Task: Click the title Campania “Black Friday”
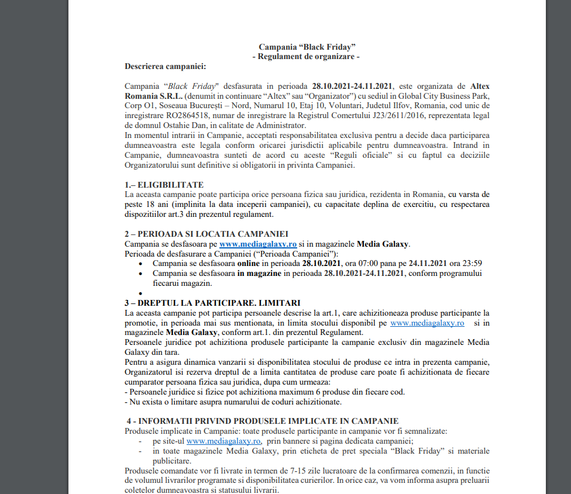click(307, 46)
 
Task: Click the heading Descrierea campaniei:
click(165, 67)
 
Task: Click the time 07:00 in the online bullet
click(355, 264)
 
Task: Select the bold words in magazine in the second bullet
click(260, 274)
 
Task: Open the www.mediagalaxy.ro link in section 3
click(427, 323)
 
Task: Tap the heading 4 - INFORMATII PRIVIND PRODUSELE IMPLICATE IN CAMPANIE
click(263, 421)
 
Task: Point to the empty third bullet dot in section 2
click(141, 293)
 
